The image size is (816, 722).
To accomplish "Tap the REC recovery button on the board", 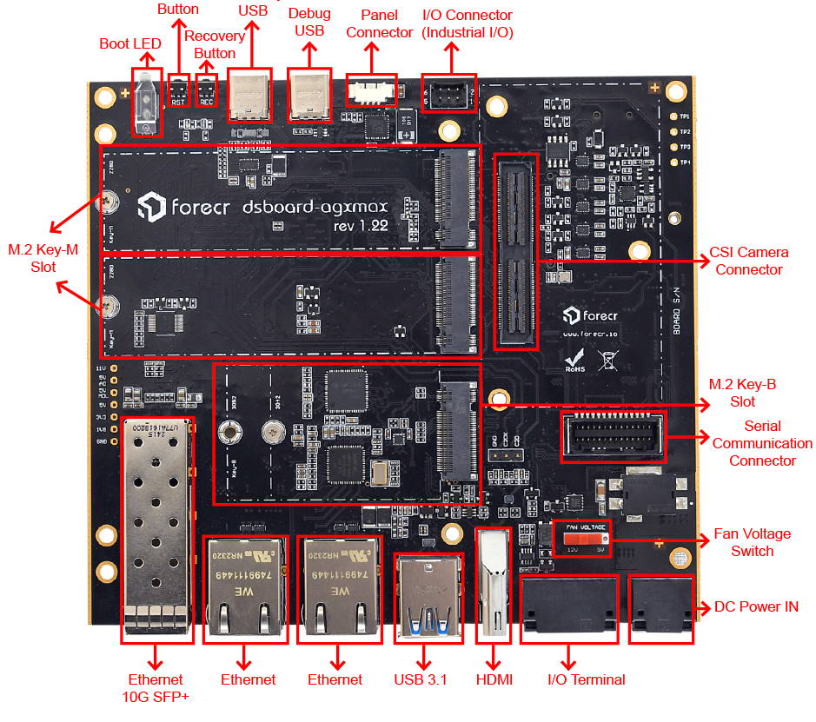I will pos(207,90).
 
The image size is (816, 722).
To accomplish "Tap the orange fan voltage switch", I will pos(580,539).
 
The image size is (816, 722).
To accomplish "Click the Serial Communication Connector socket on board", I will pos(613,436).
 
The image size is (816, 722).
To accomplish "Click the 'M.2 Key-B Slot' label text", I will pos(731,393).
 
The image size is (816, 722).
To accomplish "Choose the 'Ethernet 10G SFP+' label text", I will pos(156,687).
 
